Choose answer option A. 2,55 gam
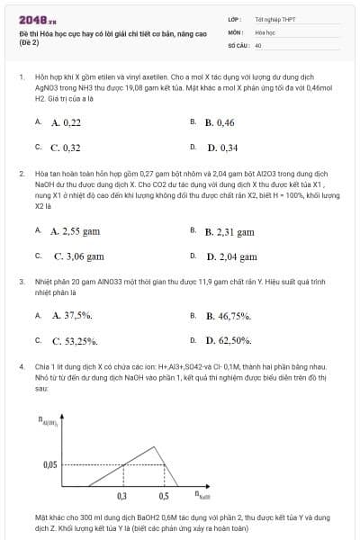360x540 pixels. point(76,231)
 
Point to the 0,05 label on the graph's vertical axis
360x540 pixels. point(49,464)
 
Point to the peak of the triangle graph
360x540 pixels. point(135,443)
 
